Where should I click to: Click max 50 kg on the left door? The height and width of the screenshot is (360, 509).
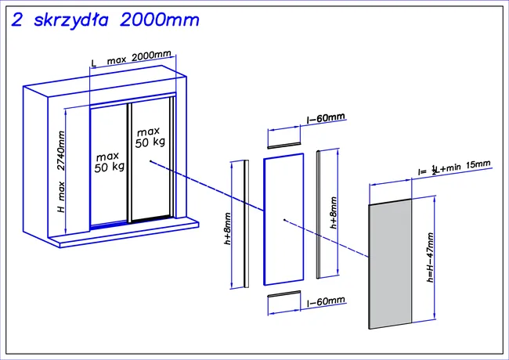[x=109, y=161]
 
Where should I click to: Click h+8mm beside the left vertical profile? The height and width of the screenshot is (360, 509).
[x=228, y=227]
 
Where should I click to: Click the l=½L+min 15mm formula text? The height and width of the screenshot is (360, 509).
[x=454, y=168]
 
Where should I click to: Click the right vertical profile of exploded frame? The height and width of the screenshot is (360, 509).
[x=317, y=213]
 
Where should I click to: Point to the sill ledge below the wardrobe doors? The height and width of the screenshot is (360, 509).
[x=125, y=233]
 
